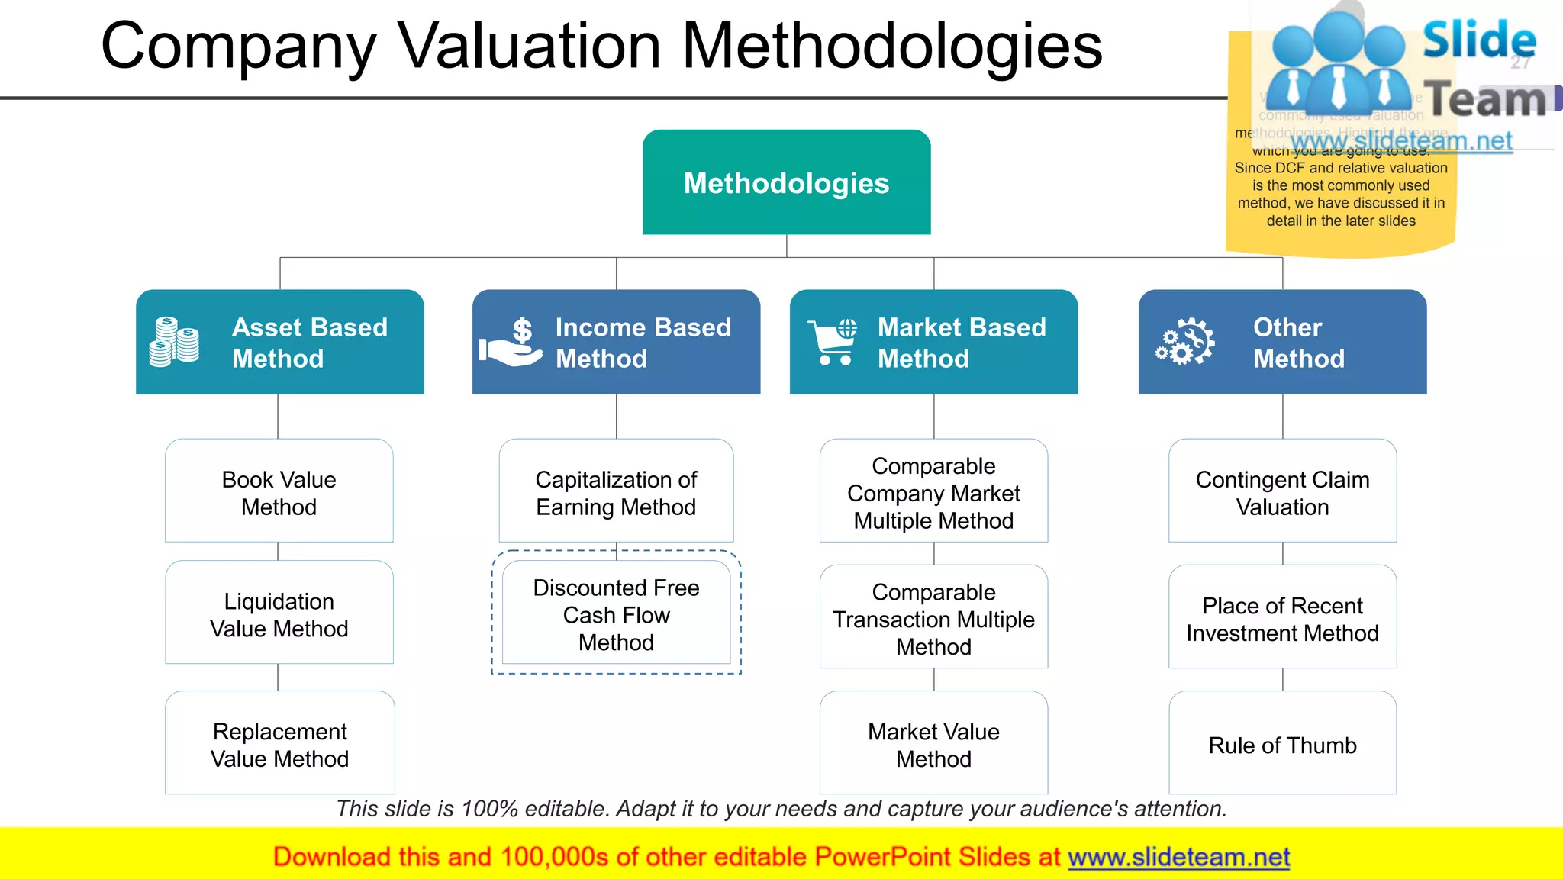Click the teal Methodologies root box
pyautogui.click(x=786, y=182)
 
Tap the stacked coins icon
pyautogui.click(x=175, y=342)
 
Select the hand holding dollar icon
pyautogui.click(x=511, y=343)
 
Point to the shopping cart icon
pyautogui.click(x=833, y=343)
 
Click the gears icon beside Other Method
pyautogui.click(x=1184, y=342)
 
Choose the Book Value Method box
pyautogui.click(x=279, y=492)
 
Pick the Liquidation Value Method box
pyautogui.click(x=279, y=614)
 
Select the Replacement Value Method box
pyautogui.click(x=279, y=744)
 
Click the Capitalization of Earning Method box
pyautogui.click(x=616, y=492)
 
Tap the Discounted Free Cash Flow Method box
pyautogui.click(x=616, y=614)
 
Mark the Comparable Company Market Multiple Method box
pyautogui.click(x=933, y=492)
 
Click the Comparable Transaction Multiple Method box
pyautogui.click(x=933, y=618)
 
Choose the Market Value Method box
pyautogui.click(x=933, y=744)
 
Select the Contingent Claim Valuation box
pyautogui.click(x=1282, y=492)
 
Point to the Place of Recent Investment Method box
pyautogui.click(x=1282, y=618)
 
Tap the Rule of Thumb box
pyautogui.click(x=1282, y=744)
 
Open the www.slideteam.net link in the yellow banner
pyautogui.click(x=1178, y=858)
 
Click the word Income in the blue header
pyautogui.click(x=600, y=327)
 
